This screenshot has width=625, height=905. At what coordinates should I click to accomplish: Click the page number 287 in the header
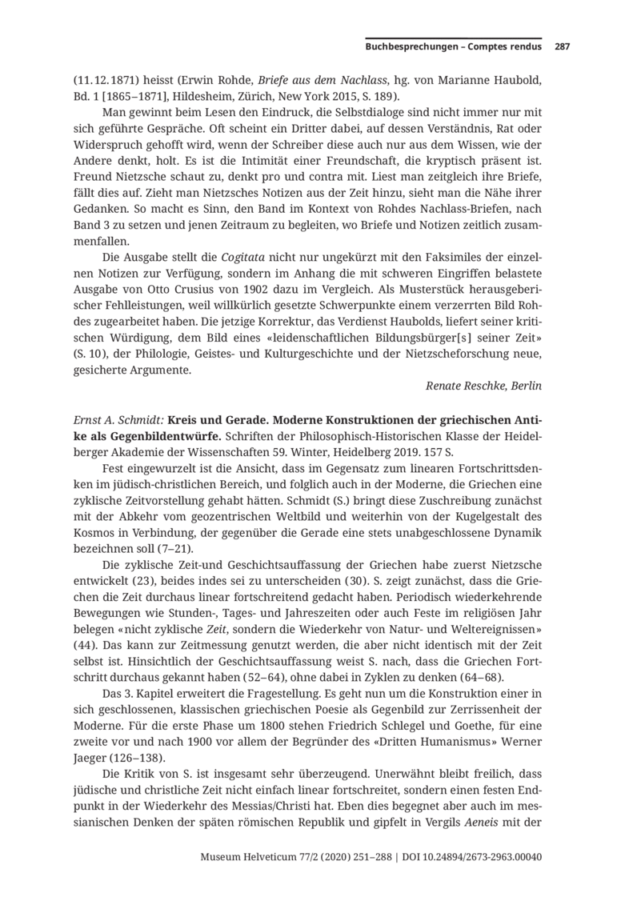click(562, 47)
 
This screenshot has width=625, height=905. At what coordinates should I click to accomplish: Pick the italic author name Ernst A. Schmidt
click(118, 421)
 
